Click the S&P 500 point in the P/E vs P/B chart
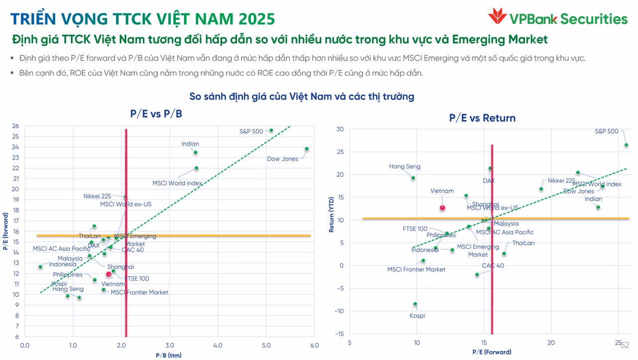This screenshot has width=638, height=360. click(x=271, y=130)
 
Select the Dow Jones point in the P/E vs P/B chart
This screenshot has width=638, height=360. click(x=307, y=149)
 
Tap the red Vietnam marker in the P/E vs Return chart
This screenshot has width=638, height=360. click(x=442, y=208)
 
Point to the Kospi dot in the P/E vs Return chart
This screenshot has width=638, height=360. click(x=415, y=304)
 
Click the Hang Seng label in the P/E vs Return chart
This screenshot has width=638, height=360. click(x=404, y=167)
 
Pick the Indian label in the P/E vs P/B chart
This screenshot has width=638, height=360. click(x=190, y=144)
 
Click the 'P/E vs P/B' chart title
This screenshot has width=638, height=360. click(x=156, y=114)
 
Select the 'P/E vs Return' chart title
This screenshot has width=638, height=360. click(x=482, y=118)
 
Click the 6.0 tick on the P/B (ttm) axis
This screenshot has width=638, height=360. click(x=314, y=345)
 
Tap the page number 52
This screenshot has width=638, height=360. click(x=625, y=345)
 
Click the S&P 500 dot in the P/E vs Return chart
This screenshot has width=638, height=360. click(x=626, y=145)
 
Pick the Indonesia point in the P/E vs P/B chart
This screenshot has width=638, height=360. click(x=40, y=267)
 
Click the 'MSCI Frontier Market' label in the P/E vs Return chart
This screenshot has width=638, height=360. click(x=416, y=270)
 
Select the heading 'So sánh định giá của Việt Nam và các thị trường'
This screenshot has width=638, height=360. click(x=302, y=96)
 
